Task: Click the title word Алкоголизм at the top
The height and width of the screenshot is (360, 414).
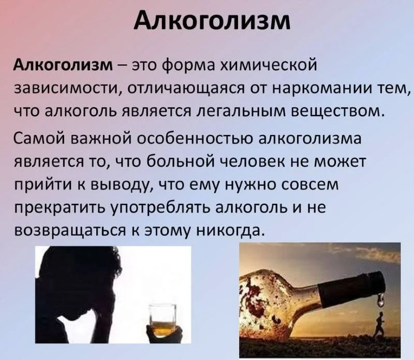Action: point(207,22)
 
